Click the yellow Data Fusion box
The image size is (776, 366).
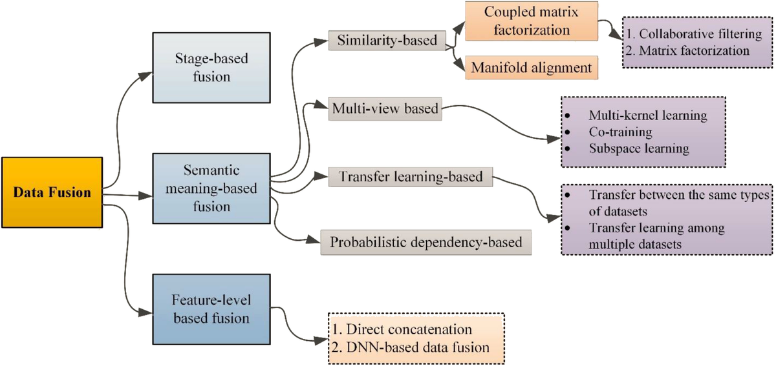point(52,192)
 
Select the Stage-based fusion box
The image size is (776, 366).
point(202,68)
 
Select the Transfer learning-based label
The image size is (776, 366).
point(411,176)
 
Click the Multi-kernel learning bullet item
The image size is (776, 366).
point(647,116)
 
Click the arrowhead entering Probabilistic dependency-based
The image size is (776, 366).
point(315,241)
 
